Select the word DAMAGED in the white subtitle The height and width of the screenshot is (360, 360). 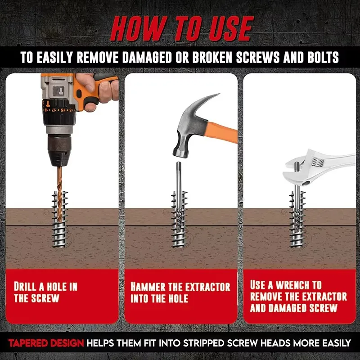coord(147,57)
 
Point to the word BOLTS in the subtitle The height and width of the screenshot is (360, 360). coord(323,57)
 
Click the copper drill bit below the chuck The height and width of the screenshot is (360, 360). coord(60,193)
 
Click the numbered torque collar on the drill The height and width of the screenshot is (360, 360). coord(59,110)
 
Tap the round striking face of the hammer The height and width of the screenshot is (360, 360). coord(180,154)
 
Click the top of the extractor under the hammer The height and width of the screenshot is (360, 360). coord(179,163)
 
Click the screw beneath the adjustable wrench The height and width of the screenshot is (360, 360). coord(297,219)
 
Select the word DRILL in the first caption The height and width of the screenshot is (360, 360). coord(25,287)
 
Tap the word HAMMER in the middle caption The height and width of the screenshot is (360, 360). coord(148,287)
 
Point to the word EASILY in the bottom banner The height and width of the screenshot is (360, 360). coord(336,343)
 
